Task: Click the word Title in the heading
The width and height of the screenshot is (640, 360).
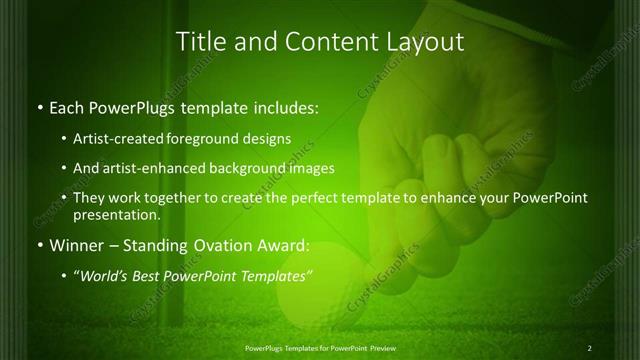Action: click(198, 42)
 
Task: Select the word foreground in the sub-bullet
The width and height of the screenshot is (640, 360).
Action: click(206, 139)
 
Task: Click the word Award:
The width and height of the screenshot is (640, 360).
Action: click(279, 245)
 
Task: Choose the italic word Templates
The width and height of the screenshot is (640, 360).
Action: click(276, 275)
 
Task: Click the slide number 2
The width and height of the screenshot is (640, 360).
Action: click(590, 347)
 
